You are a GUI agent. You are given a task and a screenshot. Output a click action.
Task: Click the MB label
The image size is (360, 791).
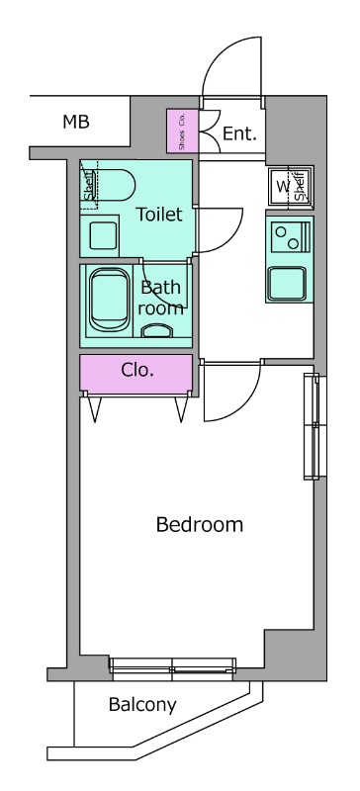(76, 122)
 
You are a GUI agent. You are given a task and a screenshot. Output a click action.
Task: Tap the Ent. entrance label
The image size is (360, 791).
(239, 133)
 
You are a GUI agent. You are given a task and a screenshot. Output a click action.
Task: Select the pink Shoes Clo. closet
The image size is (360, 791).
(182, 131)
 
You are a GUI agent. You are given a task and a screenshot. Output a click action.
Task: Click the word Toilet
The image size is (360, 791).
(159, 215)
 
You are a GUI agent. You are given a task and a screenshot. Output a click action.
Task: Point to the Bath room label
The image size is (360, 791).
(160, 298)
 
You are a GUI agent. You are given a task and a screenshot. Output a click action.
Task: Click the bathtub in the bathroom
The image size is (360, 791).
(109, 301)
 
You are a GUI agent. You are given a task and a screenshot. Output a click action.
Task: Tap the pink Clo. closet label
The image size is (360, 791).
(137, 371)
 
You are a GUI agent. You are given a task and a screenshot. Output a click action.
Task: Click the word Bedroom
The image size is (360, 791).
(200, 525)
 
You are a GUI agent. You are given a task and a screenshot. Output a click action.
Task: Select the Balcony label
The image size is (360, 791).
(142, 705)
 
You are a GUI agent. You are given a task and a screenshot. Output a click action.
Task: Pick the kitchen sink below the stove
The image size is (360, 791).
(287, 284)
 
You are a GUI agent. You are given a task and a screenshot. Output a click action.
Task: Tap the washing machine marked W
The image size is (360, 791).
(291, 186)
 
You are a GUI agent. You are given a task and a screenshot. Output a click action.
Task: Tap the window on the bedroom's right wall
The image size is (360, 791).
(312, 426)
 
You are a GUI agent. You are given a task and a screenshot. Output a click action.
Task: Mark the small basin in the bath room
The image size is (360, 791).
(156, 330)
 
